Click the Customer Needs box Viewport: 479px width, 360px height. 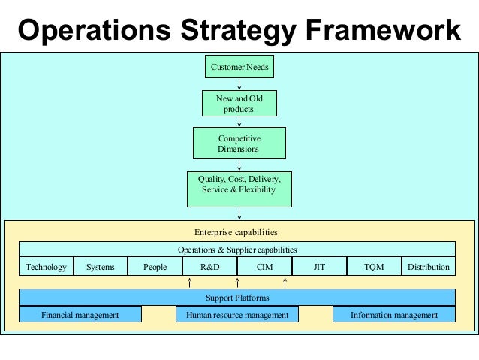click(239, 67)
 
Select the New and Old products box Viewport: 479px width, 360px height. click(239, 104)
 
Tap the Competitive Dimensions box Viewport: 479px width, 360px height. click(239, 144)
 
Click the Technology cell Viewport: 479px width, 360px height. click(46, 267)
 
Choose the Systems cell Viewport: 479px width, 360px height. click(101, 267)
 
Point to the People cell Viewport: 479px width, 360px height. click(155, 267)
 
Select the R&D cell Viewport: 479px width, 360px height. click(210, 267)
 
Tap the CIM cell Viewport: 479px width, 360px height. click(264, 267)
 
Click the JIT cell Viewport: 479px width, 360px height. click(319, 267)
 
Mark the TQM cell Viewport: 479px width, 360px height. click(374, 267)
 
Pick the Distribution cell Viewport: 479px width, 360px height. click(429, 267)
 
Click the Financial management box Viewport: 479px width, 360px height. click(80, 315)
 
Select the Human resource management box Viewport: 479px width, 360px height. click(237, 315)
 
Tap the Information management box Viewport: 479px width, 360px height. click(394, 315)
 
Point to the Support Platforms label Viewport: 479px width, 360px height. click(237, 298)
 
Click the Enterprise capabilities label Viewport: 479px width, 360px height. click(236, 232)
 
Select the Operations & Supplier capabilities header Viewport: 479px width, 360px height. click(237, 249)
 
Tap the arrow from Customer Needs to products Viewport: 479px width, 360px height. click(239, 84)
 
